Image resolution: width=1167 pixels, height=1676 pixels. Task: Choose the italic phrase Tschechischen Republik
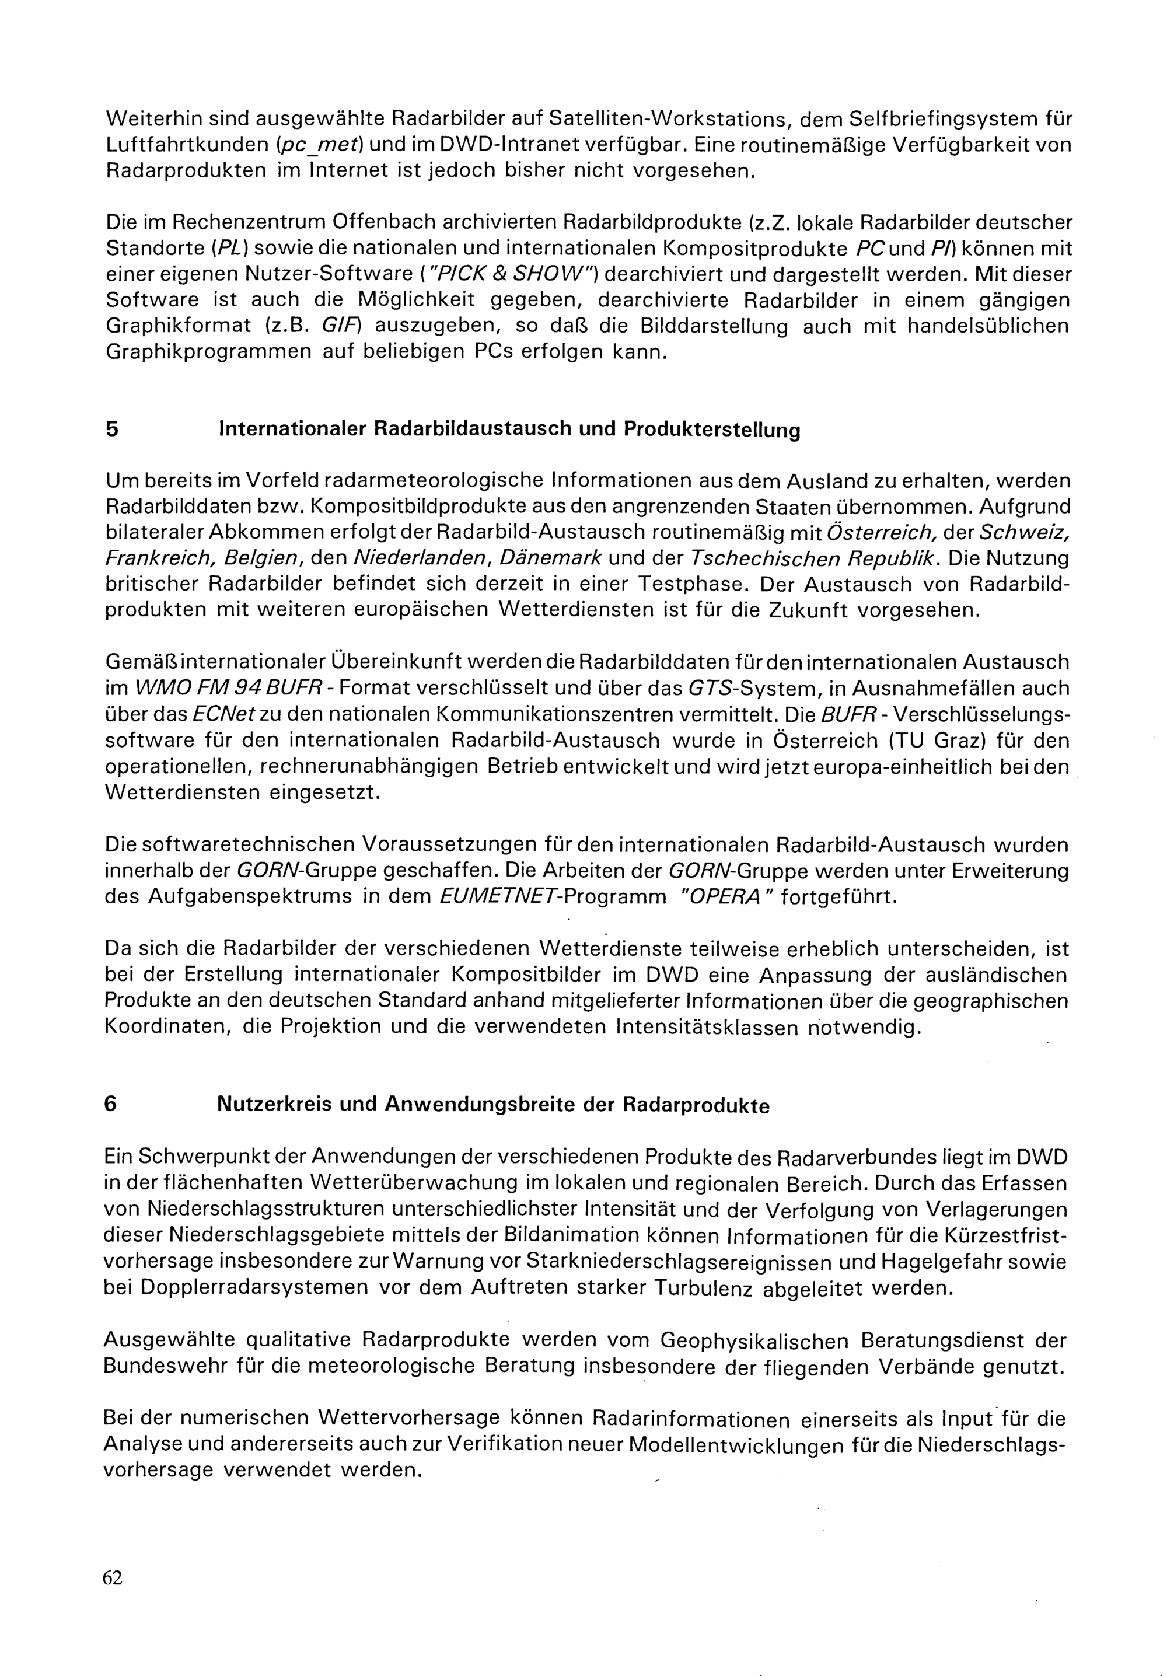810,558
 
